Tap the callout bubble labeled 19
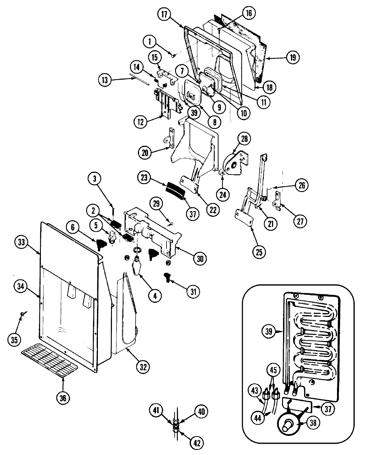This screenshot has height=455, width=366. (293, 58)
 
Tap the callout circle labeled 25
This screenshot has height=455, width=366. (258, 251)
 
